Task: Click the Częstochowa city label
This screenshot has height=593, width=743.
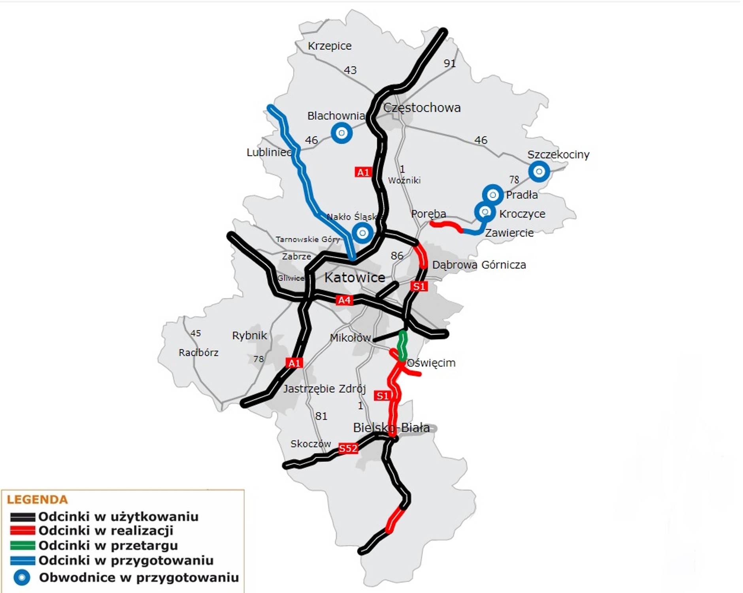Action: tap(422, 108)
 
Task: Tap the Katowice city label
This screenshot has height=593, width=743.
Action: tap(355, 278)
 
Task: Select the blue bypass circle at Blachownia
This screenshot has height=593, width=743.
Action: tap(341, 133)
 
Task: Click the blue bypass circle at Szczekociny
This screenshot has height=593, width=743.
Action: tap(539, 171)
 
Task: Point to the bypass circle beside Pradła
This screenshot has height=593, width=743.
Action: tap(492, 195)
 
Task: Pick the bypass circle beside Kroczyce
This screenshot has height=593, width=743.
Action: tap(485, 212)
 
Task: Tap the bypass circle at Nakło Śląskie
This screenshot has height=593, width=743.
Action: tap(362, 233)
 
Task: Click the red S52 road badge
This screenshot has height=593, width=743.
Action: tap(348, 449)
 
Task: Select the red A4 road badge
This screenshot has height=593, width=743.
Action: tap(344, 300)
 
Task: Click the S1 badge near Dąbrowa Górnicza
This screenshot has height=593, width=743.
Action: tap(419, 286)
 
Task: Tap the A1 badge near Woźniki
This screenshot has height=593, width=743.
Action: tap(363, 172)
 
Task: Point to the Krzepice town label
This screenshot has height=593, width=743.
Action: tap(330, 46)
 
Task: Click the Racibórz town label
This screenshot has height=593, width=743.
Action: tap(198, 353)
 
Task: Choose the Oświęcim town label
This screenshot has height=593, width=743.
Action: tap(431, 363)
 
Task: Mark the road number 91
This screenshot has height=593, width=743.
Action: tap(449, 63)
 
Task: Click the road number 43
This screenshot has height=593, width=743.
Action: tap(350, 70)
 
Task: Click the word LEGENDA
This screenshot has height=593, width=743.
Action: tap(38, 499)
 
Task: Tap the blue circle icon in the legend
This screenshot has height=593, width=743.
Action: tap(22, 578)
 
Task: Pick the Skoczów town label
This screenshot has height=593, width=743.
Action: tap(311, 444)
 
